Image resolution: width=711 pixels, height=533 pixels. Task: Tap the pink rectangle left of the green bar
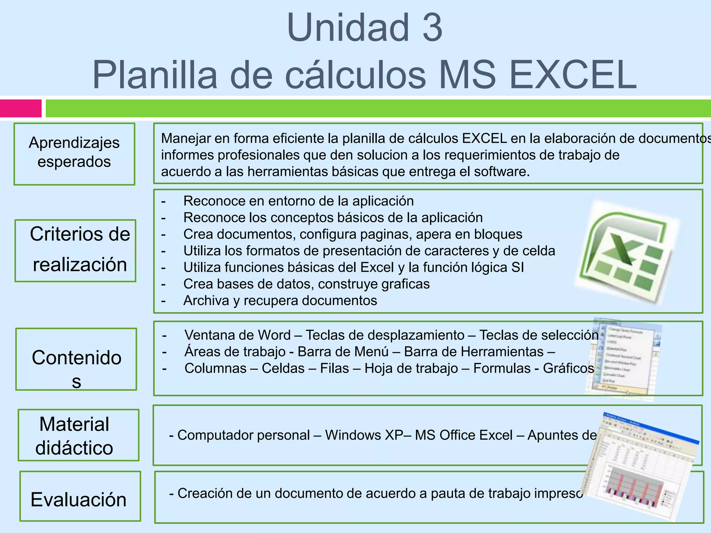coord(21,108)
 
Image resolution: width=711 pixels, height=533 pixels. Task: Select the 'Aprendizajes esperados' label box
coord(74,154)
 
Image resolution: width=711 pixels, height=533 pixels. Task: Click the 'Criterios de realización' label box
coord(75,251)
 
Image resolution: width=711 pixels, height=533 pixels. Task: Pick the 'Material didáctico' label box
coord(78,435)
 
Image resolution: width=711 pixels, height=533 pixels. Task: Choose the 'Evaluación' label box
coord(80,496)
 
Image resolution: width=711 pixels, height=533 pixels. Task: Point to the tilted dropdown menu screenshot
coord(623,359)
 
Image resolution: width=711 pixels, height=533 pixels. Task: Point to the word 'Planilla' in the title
coord(154,75)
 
